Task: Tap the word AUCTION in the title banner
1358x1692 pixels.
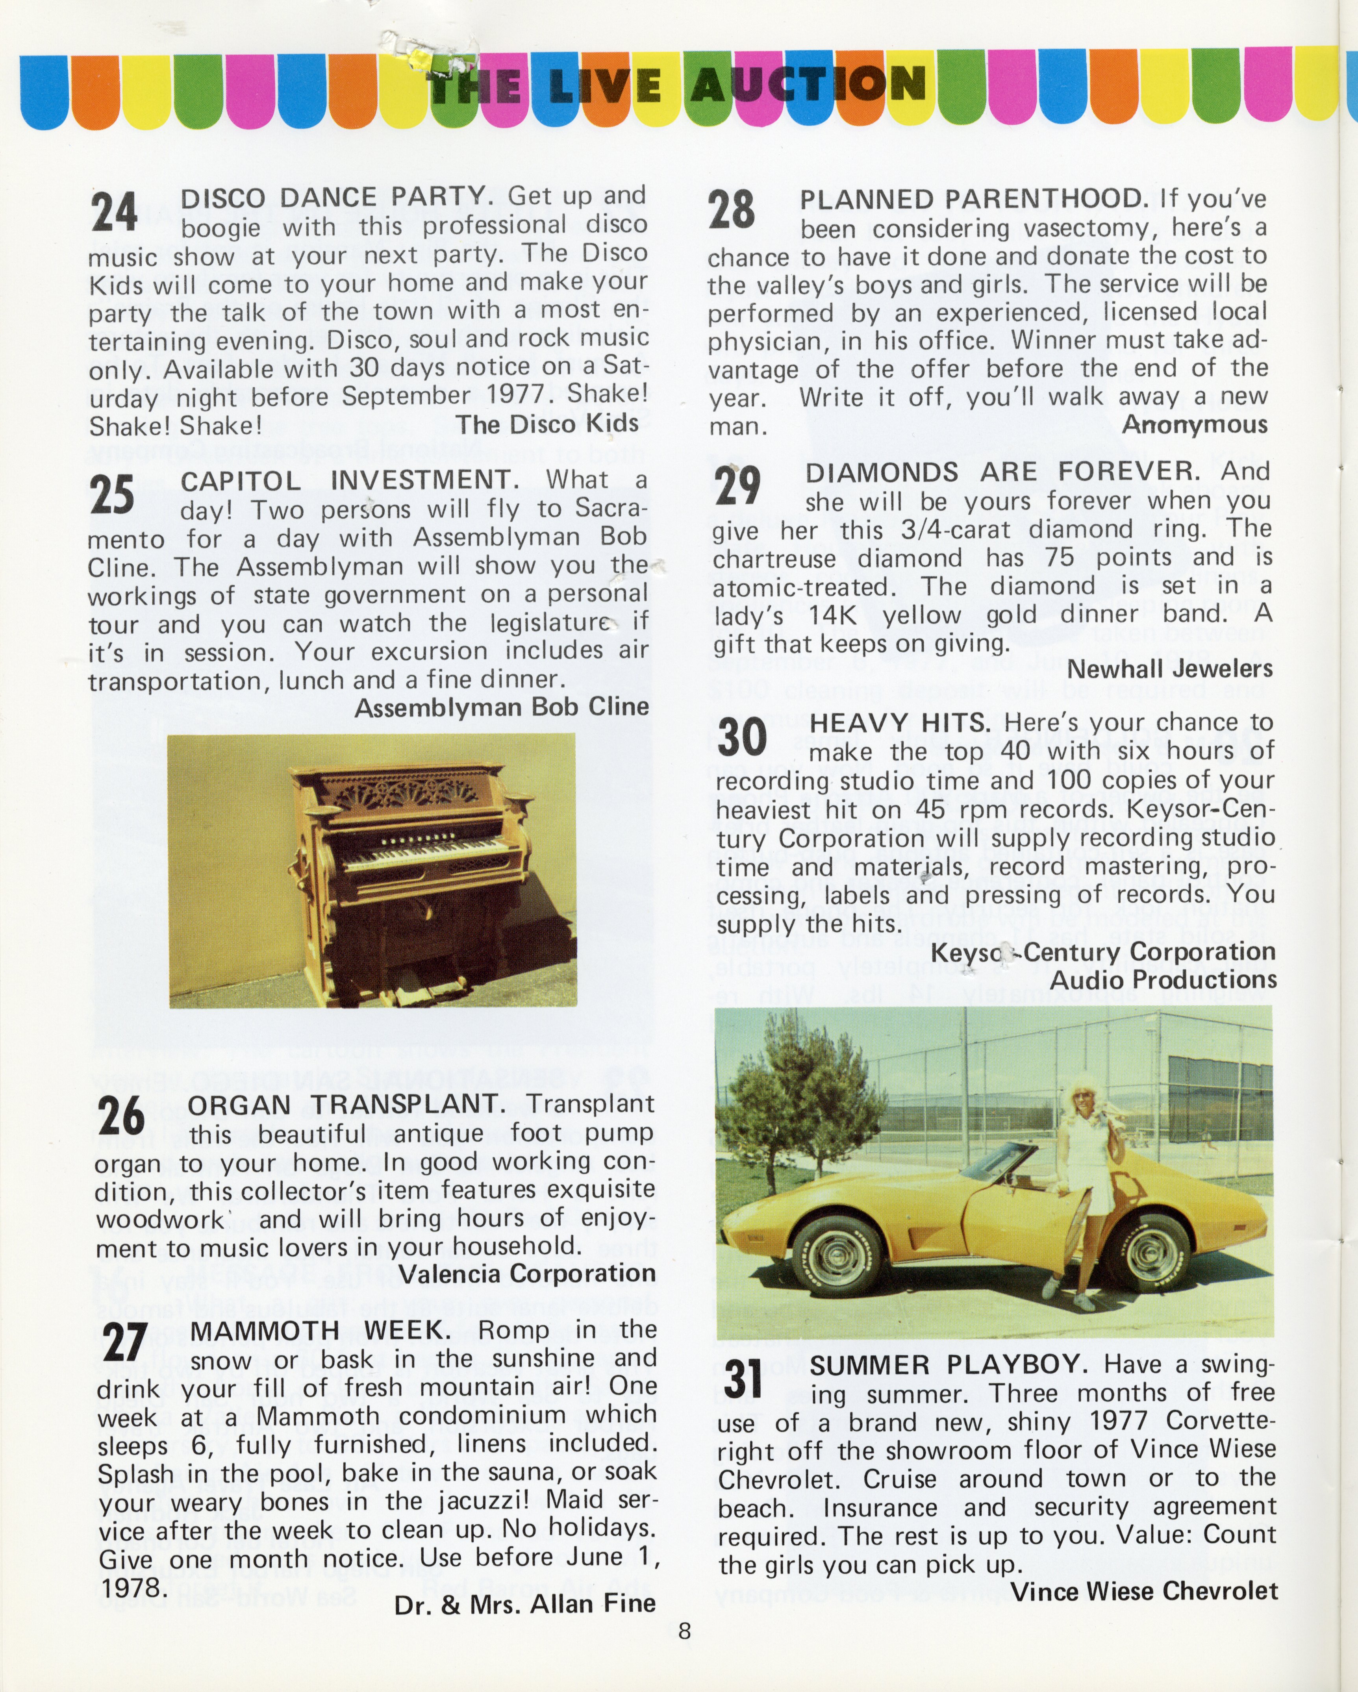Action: point(808,85)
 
